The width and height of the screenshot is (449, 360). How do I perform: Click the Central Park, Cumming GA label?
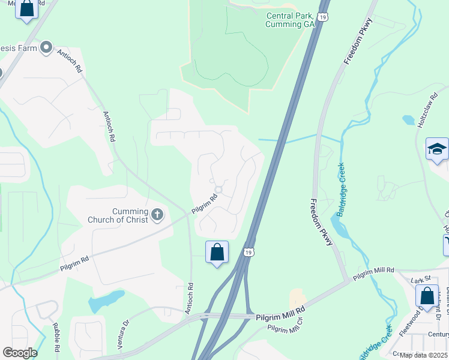[x=291, y=20]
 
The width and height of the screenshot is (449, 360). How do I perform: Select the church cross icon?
[x=157, y=215]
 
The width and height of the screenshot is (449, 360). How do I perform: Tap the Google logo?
[x=20, y=353]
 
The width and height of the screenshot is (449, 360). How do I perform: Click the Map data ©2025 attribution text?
[x=423, y=355]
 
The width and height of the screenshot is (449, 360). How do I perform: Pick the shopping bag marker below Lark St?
[x=427, y=296]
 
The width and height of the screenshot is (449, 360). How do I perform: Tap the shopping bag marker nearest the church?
[x=217, y=253]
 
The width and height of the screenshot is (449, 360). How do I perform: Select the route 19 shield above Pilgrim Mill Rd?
[x=249, y=251]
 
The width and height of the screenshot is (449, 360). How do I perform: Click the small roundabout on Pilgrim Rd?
[x=218, y=190]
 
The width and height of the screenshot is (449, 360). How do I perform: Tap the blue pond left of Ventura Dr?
[x=105, y=301]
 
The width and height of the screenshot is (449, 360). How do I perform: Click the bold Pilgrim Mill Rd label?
[x=281, y=317]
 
